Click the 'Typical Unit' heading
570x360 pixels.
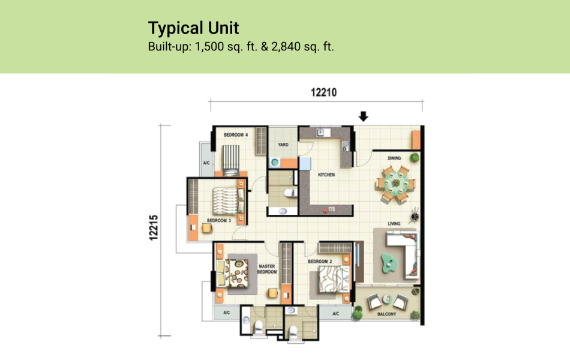[x=193, y=28]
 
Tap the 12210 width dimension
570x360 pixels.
[x=323, y=92]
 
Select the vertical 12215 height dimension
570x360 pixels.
[x=154, y=228]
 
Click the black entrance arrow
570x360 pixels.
[x=363, y=116]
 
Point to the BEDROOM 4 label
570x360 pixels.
[x=236, y=136]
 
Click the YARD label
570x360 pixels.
[x=283, y=145]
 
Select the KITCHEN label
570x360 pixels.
[x=327, y=175]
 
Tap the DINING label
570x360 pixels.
[x=394, y=158]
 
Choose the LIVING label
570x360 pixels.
[x=394, y=224]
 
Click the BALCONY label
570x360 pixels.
[x=386, y=314]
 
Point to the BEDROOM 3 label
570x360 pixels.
[x=219, y=220]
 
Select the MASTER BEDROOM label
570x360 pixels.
[x=267, y=268]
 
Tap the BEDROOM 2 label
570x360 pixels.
[x=320, y=262]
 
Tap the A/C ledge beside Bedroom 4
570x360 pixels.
[x=206, y=162]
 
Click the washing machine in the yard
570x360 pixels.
[x=275, y=161]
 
